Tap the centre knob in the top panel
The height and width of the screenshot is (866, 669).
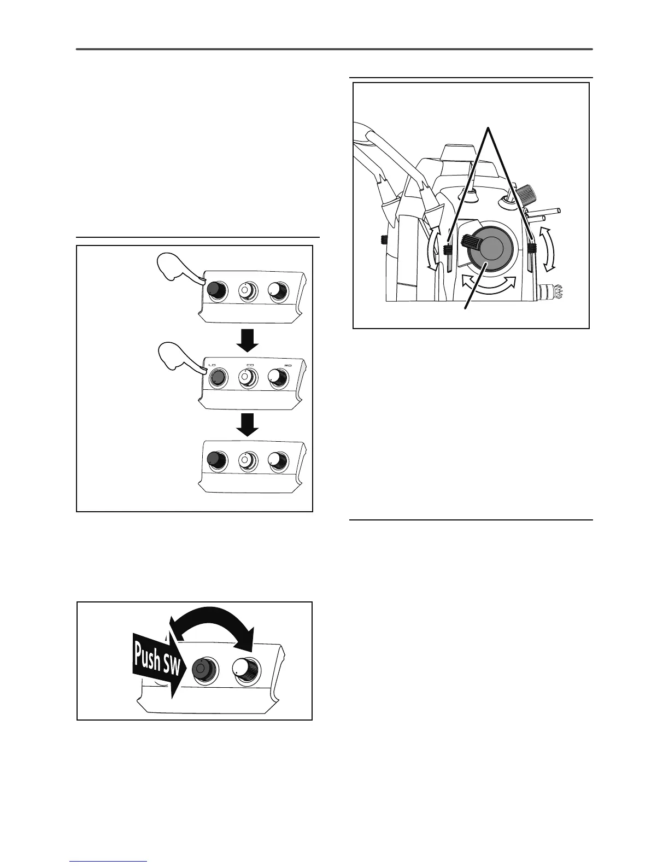tap(247, 290)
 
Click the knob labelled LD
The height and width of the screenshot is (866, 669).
tap(217, 377)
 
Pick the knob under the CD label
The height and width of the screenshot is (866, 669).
tap(248, 377)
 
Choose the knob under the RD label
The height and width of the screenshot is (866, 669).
tap(279, 377)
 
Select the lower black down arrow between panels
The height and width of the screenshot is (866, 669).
tap(249, 424)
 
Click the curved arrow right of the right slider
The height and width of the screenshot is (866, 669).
tap(549, 249)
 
